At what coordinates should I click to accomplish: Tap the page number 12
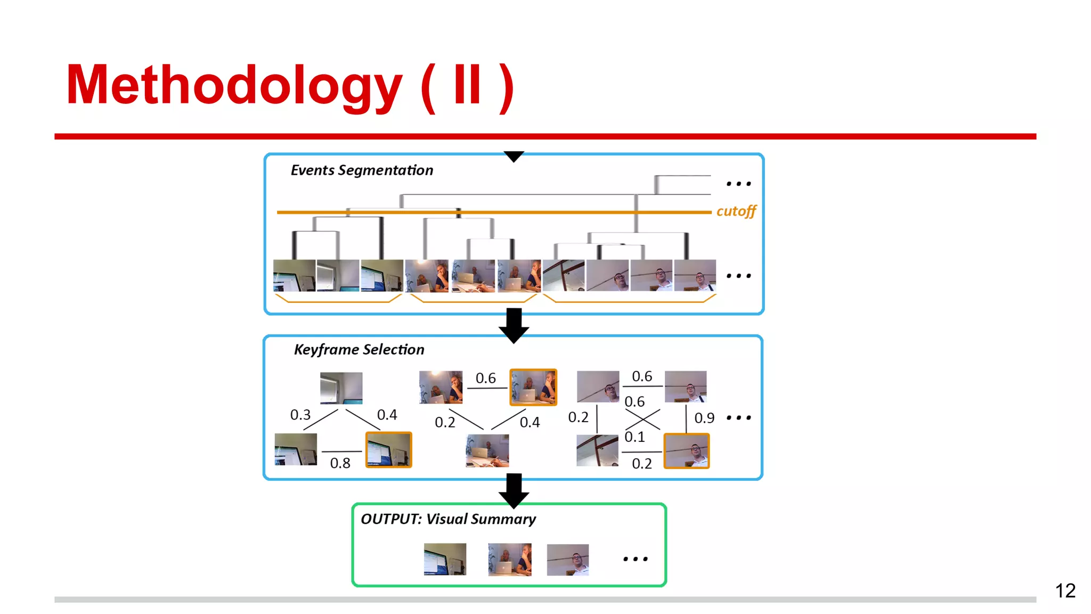pos(1065,591)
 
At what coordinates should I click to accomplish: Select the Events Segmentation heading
pos(362,171)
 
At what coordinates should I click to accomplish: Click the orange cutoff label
pos(736,212)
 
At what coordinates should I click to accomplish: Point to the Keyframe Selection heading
pos(359,350)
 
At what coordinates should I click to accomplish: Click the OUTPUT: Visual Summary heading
pos(448,519)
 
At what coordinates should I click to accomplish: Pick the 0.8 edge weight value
pos(340,463)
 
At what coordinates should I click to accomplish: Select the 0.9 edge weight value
pos(704,418)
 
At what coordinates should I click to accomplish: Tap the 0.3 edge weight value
pos(300,415)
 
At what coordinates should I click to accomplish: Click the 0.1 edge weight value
pos(634,437)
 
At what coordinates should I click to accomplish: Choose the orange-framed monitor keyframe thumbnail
pos(388,450)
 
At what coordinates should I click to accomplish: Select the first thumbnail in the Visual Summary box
pos(445,559)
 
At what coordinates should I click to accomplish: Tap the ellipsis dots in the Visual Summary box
pos(635,559)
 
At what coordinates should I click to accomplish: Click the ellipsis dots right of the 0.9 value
pos(738,418)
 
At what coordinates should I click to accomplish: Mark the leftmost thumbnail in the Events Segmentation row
pos(294,276)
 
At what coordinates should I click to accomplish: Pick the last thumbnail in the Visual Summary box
pos(567,560)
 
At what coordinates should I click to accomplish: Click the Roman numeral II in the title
pos(467,85)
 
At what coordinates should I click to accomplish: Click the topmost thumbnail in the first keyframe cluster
pos(341,388)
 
